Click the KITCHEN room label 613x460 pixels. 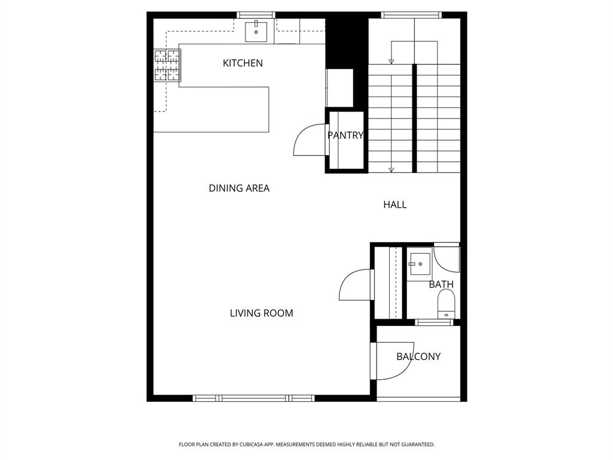pyautogui.click(x=242, y=63)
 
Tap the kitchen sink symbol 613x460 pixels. pyautogui.click(x=256, y=31)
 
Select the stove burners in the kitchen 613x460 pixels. pyautogui.click(x=168, y=65)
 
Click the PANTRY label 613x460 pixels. pyautogui.click(x=345, y=135)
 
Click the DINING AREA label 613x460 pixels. pyautogui.click(x=239, y=188)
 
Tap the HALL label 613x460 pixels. pyautogui.click(x=394, y=205)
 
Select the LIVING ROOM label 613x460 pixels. pyautogui.click(x=262, y=313)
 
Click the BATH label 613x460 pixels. pyautogui.click(x=441, y=285)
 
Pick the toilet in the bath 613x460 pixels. pyautogui.click(x=446, y=304)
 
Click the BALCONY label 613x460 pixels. pyautogui.click(x=418, y=356)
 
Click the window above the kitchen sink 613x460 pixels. pyautogui.click(x=256, y=15)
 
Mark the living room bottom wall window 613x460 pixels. pyautogui.click(x=254, y=398)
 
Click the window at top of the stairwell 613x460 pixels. pyautogui.click(x=411, y=15)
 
